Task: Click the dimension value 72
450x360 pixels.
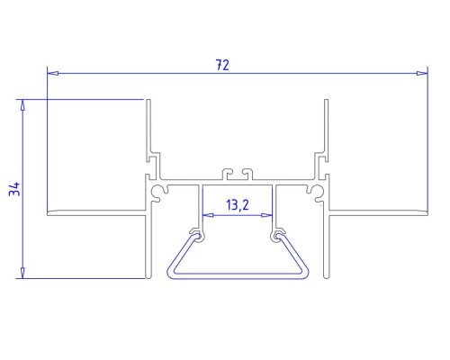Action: [222, 65]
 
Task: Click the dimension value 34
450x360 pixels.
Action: [14, 189]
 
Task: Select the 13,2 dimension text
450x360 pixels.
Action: [238, 205]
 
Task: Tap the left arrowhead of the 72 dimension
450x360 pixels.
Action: [53, 73]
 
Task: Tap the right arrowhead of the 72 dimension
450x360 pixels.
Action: [422, 73]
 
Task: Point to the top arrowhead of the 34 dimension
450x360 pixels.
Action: [22, 105]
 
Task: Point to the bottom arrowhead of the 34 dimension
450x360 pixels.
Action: [22, 273]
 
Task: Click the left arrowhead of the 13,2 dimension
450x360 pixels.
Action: [208, 215]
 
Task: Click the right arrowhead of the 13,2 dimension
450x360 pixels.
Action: [266, 215]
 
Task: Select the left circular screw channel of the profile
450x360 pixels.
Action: [157, 192]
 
